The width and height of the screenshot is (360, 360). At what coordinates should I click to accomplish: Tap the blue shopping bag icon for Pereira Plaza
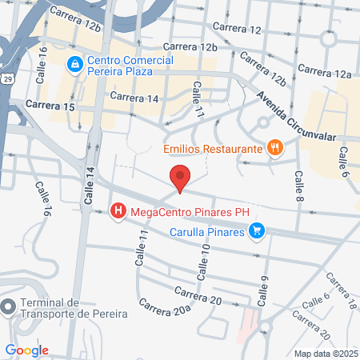pos(74,62)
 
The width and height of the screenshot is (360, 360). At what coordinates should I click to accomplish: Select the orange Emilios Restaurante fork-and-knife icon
pos(275,147)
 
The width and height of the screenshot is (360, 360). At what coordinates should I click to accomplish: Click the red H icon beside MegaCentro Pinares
pos(118,212)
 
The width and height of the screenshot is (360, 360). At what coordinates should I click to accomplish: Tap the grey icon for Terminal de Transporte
pos(9,306)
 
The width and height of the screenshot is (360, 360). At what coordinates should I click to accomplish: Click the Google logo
pos(26,350)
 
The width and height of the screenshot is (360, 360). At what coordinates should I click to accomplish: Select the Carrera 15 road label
pos(50,105)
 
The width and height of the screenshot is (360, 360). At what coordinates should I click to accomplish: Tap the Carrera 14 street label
pos(134,97)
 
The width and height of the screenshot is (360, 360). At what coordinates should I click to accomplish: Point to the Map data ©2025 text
pos(326,354)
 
